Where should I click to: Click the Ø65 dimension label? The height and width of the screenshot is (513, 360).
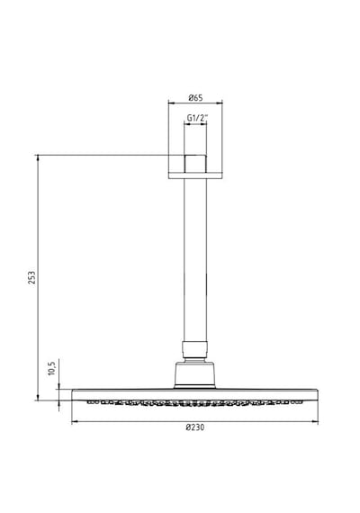(x=195, y=97)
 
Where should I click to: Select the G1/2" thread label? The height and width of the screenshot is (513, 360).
(x=197, y=118)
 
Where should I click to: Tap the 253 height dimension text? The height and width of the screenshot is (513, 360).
(x=31, y=277)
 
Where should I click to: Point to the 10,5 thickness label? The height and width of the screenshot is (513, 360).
(x=51, y=367)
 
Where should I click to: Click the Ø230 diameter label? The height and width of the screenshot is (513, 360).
(x=194, y=427)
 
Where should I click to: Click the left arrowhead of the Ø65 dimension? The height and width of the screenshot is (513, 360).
(x=171, y=103)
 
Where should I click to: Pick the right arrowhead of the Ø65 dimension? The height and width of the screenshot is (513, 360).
(x=220, y=103)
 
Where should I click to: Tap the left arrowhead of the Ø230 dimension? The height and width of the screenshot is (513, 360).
(x=75, y=422)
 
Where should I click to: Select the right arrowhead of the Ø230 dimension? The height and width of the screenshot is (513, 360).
(x=315, y=422)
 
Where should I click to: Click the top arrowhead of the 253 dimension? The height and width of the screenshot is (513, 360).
(x=38, y=157)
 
